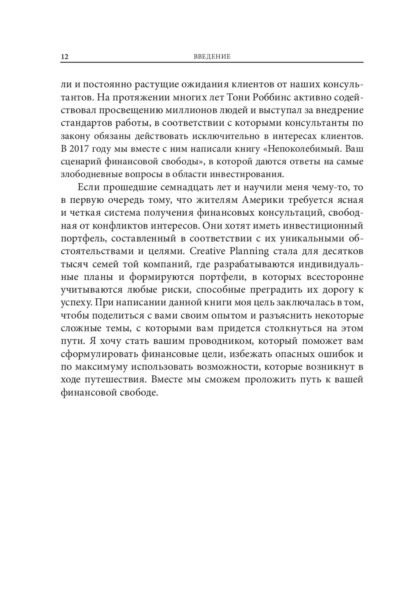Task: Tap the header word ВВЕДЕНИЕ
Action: click(x=212, y=57)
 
